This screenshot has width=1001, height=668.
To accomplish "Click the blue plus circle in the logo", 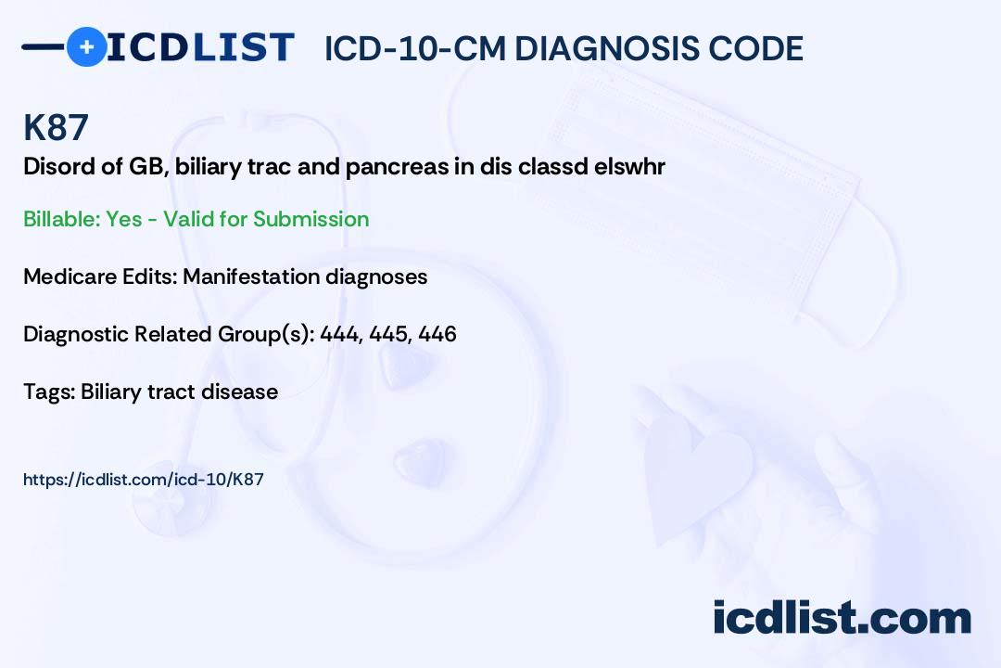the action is coord(86,47).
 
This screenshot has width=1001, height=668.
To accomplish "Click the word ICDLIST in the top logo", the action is coord(200,47).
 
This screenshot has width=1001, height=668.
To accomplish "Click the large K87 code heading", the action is coord(56,127).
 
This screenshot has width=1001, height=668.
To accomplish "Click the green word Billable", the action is coord(61,219).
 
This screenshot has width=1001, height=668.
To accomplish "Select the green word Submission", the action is coord(310,219).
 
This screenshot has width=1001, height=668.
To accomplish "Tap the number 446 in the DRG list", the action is coord(437,334).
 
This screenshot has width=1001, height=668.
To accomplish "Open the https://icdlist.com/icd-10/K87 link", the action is coord(144,480).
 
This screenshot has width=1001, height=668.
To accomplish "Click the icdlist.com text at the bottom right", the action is coord(842,618).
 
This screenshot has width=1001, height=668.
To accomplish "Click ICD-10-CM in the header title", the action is coord(414,48).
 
